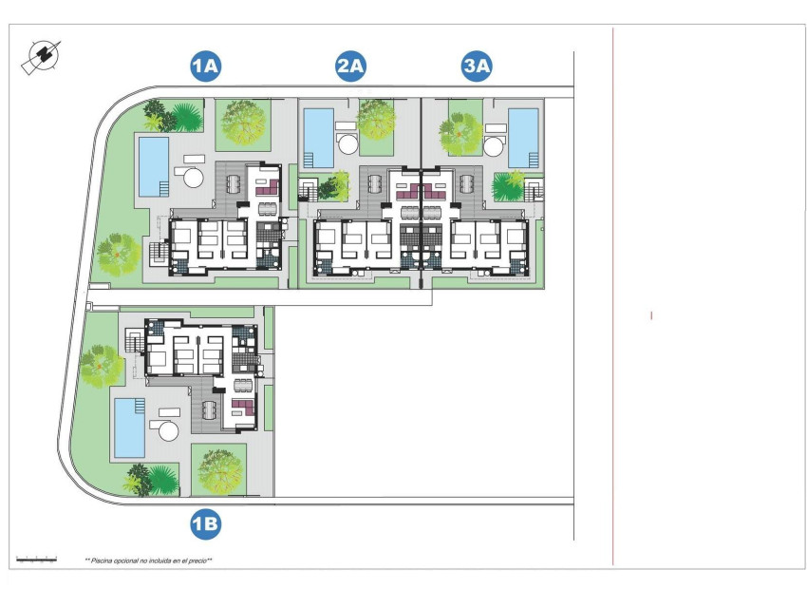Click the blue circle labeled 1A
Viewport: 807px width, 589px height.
coord(206,66)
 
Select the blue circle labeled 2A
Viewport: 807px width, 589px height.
coord(350,66)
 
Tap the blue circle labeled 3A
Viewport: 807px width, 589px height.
coord(477,66)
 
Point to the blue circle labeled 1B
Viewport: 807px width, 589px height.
coord(206,523)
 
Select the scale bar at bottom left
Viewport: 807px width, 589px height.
coord(36,560)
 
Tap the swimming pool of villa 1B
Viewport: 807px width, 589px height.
coord(129,427)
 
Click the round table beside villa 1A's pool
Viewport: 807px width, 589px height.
coord(193,178)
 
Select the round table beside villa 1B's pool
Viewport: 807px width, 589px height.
coord(169,430)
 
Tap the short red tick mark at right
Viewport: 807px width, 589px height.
coord(651,315)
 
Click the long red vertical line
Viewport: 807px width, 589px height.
coord(613,285)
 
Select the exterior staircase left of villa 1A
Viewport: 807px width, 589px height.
coord(157,254)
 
